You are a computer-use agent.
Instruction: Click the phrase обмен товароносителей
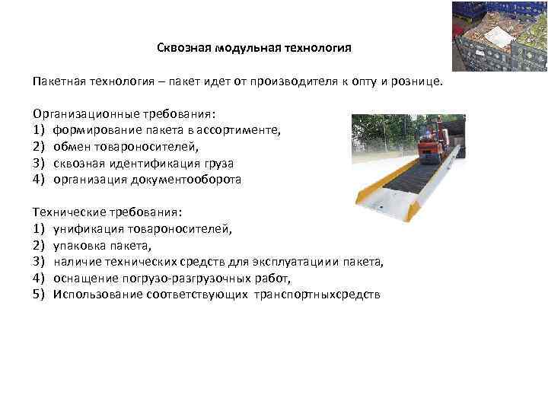pos(126,147)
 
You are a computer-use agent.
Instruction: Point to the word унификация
pos(87,228)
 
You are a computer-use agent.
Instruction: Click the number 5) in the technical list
pos(39,295)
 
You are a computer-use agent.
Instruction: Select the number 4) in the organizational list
pos(39,180)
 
